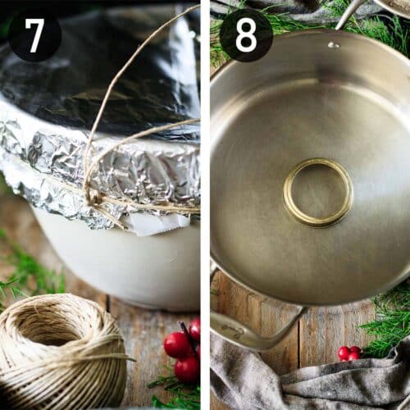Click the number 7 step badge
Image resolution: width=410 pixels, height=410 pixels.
click(x=34, y=35)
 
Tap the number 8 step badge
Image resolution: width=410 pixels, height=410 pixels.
click(x=246, y=35)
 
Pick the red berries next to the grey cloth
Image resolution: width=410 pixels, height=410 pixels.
click(x=349, y=353)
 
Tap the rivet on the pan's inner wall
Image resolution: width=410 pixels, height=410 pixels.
click(x=334, y=44)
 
